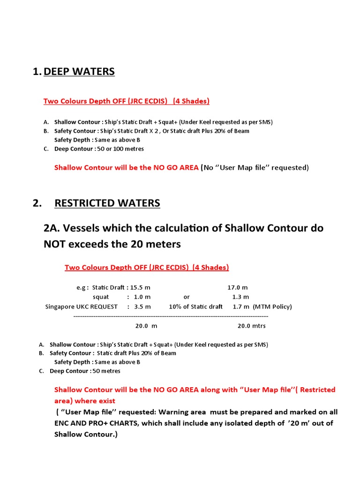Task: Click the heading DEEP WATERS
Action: click(x=79, y=72)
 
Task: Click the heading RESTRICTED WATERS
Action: click(x=107, y=203)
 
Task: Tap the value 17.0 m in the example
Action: click(x=238, y=287)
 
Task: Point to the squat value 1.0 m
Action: click(x=141, y=297)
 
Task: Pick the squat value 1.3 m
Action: click(x=240, y=297)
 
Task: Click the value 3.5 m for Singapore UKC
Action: click(x=142, y=307)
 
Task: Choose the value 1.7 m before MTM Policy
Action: click(x=240, y=307)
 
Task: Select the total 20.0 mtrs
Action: click(x=251, y=325)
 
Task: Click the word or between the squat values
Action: click(x=187, y=297)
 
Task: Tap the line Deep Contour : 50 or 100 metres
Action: click(x=99, y=149)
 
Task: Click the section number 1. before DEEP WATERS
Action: click(x=37, y=72)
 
